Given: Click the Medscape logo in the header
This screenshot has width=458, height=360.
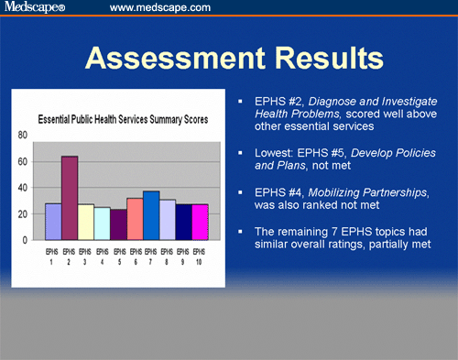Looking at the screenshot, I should tap(37, 8).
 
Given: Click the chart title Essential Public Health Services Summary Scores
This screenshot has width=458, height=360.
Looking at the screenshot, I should tap(123, 119).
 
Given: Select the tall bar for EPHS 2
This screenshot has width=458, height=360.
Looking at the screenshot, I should tap(70, 198).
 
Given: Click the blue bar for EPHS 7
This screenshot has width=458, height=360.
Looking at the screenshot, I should tap(151, 215).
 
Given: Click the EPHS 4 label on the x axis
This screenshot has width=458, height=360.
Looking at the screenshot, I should tap(103, 254).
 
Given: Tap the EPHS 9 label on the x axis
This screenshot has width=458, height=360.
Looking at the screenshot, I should tap(183, 254).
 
